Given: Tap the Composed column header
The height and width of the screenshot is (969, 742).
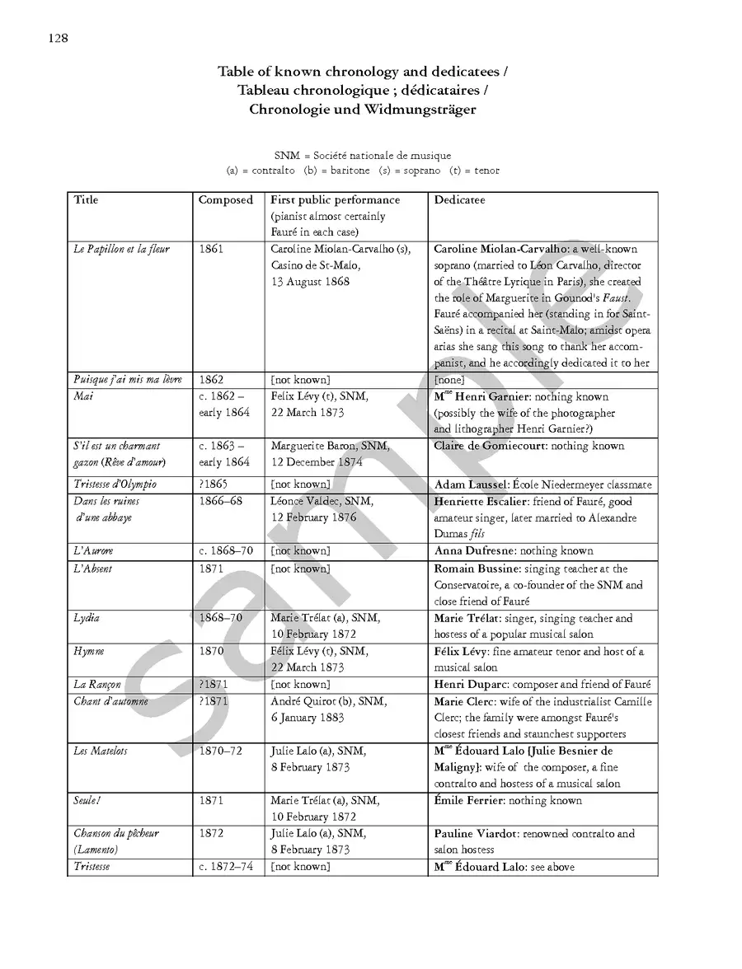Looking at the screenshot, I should click(x=226, y=200).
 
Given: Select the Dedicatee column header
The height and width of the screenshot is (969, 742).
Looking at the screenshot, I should click(x=459, y=200).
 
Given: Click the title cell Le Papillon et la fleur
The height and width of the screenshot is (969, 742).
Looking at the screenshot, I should click(x=122, y=249).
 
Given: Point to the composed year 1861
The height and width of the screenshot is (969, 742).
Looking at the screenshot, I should click(x=211, y=249).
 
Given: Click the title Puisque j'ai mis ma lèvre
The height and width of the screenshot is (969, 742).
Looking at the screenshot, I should click(x=125, y=380).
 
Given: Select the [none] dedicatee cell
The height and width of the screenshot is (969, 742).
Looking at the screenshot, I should click(x=449, y=380).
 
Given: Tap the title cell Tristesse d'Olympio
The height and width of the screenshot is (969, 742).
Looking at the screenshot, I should click(x=115, y=485).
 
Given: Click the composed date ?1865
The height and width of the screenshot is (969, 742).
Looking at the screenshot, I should click(x=214, y=485).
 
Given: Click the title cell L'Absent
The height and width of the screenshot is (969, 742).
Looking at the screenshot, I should click(x=93, y=569).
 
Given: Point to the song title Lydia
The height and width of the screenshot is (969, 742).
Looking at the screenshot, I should click(x=87, y=618).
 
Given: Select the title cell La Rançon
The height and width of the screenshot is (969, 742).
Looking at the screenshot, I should click(x=97, y=685).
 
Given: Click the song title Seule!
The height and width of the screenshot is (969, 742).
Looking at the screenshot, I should click(x=87, y=800).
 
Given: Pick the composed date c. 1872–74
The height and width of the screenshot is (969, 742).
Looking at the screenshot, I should click(x=226, y=867).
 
